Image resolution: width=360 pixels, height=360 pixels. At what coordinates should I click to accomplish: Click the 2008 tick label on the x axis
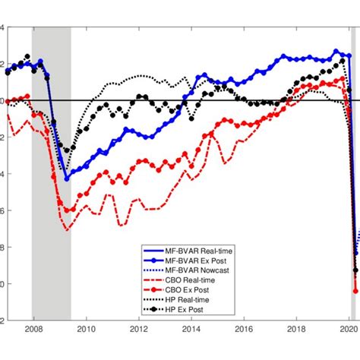(32, 351)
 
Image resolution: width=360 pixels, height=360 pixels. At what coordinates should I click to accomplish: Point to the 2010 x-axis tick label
(85, 351)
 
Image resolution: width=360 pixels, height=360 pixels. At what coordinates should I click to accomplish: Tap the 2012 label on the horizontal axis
(138, 351)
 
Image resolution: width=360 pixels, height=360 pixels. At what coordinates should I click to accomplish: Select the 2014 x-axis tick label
(191, 351)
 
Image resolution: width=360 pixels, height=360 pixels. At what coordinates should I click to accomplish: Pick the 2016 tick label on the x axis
(245, 351)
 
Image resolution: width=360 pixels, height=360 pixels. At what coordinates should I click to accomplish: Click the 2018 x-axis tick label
(298, 351)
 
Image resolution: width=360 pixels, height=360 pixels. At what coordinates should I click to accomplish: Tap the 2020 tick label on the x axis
(349, 351)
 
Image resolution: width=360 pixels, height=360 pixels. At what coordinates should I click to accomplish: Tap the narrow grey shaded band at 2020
(353, 190)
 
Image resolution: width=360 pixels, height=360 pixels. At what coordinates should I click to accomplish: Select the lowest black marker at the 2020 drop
(355, 270)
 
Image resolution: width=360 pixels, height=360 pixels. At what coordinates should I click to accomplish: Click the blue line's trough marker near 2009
(67, 179)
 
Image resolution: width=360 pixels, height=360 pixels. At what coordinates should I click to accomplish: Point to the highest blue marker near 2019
(336, 52)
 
